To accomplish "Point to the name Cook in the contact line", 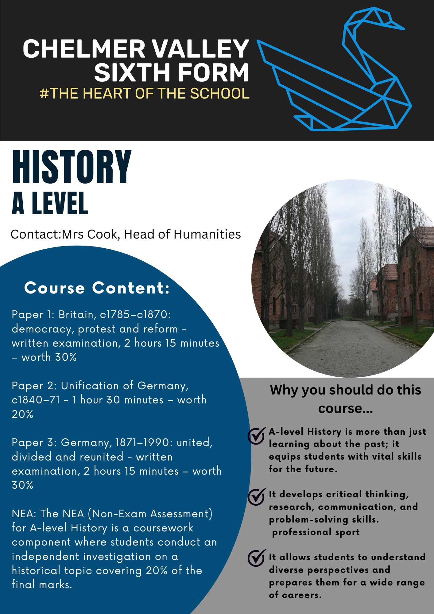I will click(103, 234).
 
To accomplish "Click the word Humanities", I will click(207, 234).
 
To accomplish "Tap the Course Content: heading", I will click(97, 288).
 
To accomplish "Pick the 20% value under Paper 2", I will click(22, 414).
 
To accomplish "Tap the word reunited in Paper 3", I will click(101, 457).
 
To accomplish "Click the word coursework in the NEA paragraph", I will click(163, 528).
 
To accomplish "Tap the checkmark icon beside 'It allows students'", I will click(256, 558).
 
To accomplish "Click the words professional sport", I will click(316, 532).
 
